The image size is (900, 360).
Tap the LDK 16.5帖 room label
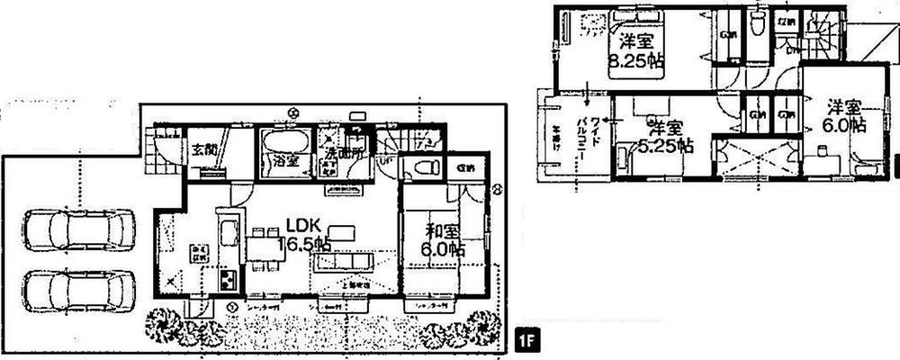pos(307,233)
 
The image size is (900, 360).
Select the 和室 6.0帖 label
pos(442,238)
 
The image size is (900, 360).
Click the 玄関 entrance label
pos(202,151)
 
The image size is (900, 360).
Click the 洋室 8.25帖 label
pos(634,51)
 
